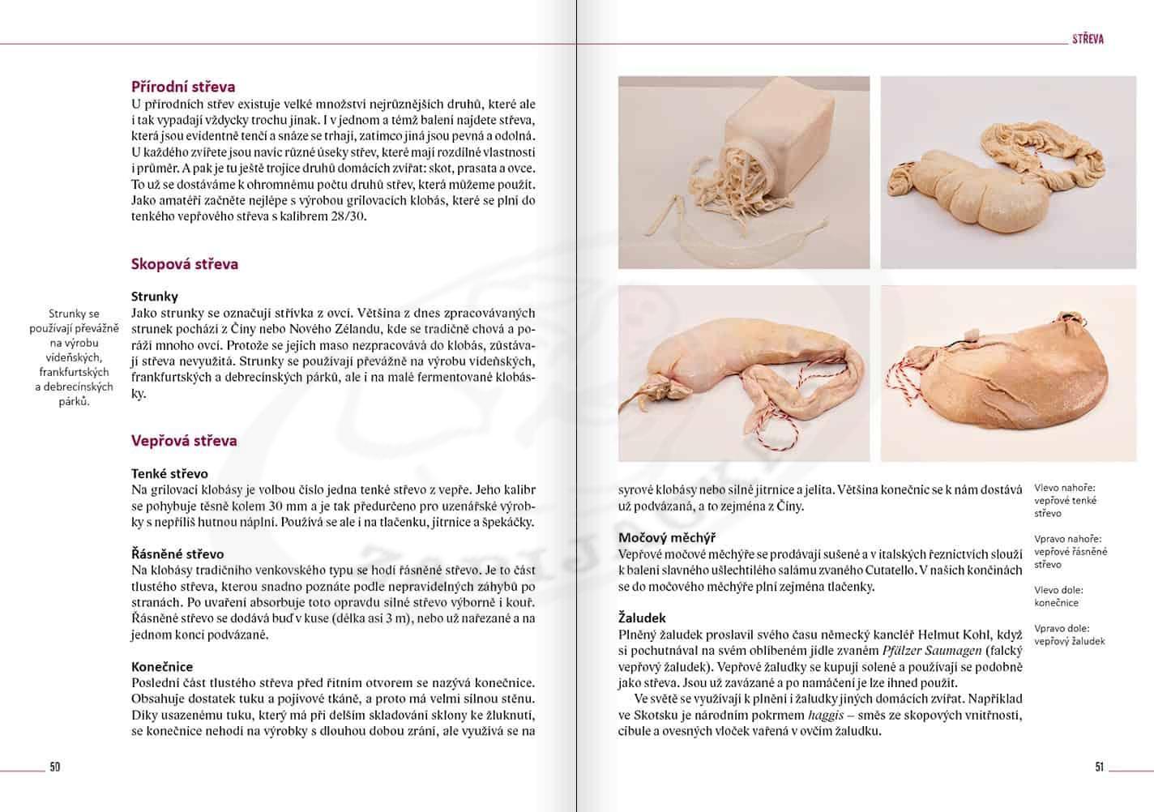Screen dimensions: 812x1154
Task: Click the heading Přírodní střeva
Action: [x=183, y=87]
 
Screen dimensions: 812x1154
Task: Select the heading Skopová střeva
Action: [x=184, y=263]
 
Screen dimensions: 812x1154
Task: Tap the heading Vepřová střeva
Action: [x=184, y=441]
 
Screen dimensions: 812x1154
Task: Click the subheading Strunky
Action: [x=154, y=297]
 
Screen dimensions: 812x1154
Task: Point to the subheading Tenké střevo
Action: [x=169, y=473]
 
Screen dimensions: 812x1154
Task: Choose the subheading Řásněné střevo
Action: [x=177, y=554]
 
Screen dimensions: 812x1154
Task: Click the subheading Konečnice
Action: [x=162, y=667]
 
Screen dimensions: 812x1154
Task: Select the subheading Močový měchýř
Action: [x=666, y=537]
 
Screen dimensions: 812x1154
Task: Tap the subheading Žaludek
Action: [x=643, y=618]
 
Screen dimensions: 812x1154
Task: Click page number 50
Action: [x=55, y=767]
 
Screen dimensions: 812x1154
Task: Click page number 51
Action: [x=1099, y=767]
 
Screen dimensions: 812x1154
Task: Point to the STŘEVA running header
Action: [x=1088, y=39]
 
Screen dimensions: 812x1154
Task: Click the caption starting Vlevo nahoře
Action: [x=1065, y=501]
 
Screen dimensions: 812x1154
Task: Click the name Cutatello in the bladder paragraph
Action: [x=891, y=570]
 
